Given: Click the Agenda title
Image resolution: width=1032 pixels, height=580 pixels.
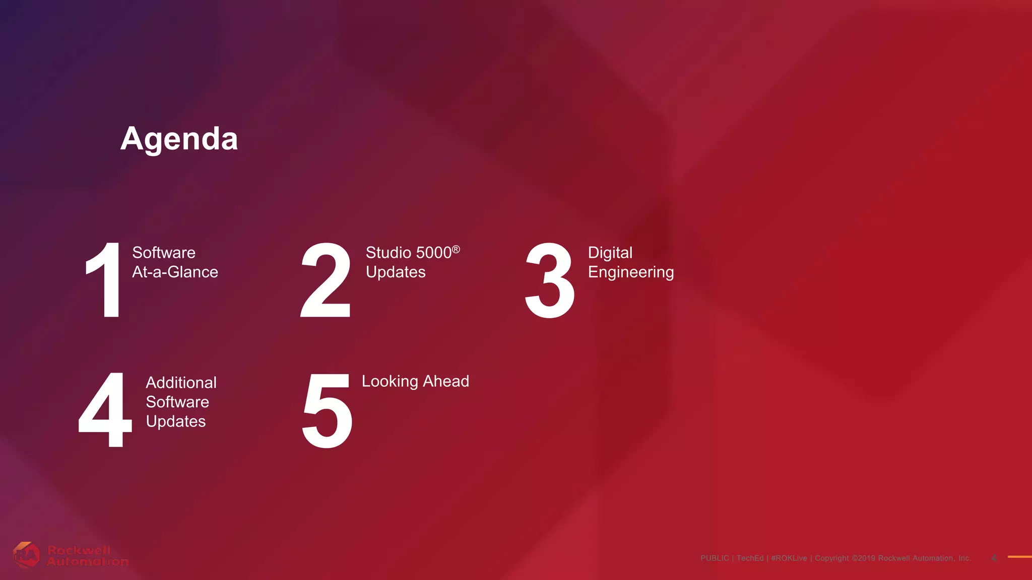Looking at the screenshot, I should (179, 138).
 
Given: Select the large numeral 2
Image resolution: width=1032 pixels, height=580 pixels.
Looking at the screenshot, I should (326, 280).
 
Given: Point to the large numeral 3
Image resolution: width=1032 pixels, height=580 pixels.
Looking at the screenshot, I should (549, 280).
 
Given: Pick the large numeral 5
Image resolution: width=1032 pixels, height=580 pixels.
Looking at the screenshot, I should (327, 410).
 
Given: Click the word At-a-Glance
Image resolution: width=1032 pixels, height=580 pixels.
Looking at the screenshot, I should (175, 272).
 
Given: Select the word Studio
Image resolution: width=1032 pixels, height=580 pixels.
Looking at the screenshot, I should (388, 252).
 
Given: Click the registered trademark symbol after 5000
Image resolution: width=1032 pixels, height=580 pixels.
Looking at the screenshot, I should (456, 249).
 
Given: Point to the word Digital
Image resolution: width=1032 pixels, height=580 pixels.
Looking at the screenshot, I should (610, 253).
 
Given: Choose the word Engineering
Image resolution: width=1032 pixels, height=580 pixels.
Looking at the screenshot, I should (631, 272).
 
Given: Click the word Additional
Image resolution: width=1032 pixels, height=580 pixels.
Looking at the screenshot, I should (181, 383).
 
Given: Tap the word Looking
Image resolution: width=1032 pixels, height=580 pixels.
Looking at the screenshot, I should (390, 382).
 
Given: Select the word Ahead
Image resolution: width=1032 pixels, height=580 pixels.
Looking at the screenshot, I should (446, 381).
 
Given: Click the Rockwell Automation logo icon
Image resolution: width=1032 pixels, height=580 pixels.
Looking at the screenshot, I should (26, 555).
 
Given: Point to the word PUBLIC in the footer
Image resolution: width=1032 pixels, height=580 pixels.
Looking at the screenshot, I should (715, 558).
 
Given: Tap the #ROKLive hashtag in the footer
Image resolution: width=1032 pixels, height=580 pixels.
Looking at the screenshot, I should (789, 558).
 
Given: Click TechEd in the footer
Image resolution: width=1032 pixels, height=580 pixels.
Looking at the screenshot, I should (750, 558).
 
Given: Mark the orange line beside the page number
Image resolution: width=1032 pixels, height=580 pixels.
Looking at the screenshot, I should (1019, 556).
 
